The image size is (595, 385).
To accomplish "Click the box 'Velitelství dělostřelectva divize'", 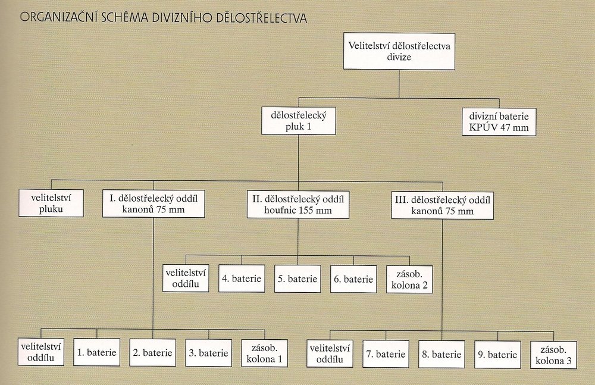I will [x=399, y=52].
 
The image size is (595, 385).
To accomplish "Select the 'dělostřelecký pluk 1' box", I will [x=299, y=121].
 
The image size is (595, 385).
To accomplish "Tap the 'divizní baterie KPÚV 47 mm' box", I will [x=499, y=121].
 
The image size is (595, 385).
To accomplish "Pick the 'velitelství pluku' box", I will [x=51, y=203].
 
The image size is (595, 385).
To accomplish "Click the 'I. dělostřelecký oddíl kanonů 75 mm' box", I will [x=154, y=203].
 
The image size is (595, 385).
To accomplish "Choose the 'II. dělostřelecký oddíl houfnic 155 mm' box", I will [x=298, y=204].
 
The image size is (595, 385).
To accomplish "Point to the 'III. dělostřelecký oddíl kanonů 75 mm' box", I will [x=443, y=204].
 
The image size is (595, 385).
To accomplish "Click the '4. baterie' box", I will [x=241, y=278].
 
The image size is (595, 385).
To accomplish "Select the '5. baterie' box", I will [x=297, y=278].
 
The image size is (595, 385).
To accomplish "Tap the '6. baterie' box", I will [x=353, y=279].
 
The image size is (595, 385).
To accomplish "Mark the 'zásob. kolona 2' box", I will [x=409, y=278].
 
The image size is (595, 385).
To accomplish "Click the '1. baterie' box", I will [x=97, y=352].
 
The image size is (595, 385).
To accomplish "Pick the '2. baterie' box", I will [x=153, y=352].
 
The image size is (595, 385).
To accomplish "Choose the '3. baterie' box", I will [x=208, y=352].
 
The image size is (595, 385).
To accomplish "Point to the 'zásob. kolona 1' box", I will [x=264, y=352].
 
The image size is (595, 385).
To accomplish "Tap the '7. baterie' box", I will [x=386, y=354].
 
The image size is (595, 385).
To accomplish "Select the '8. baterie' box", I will [x=441, y=354].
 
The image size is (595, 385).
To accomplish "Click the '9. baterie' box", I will [x=497, y=354].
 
